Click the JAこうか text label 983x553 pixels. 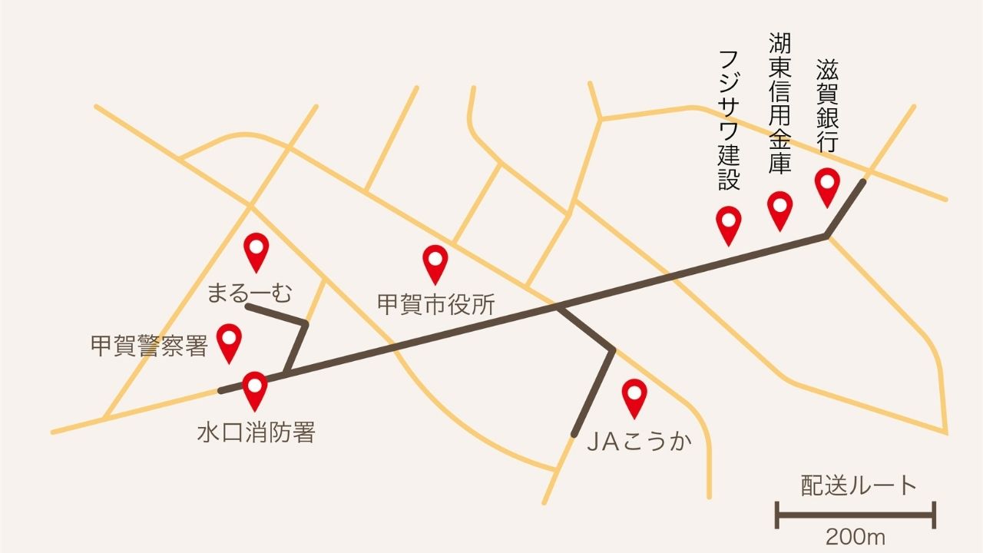[x=638, y=442]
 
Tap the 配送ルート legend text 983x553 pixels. [x=859, y=486]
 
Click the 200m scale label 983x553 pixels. [x=856, y=536]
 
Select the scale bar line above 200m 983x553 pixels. [x=856, y=515]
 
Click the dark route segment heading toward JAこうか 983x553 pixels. [x=594, y=393]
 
